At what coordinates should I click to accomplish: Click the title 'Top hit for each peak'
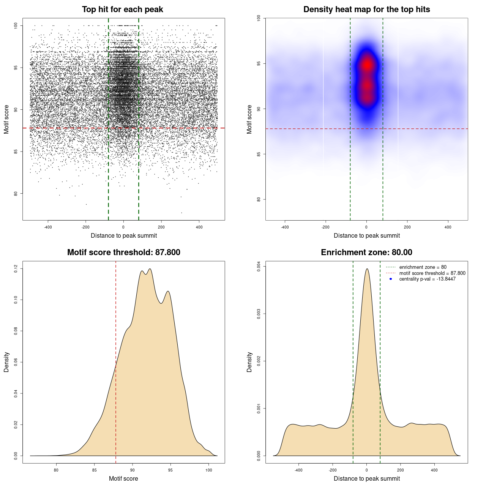coord(123,9)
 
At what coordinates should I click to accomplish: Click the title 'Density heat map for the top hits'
coord(366,9)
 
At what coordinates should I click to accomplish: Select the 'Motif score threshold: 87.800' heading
coord(123,252)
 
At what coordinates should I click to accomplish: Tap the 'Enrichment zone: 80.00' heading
coord(366,252)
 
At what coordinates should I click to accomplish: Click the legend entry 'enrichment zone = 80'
coord(423,267)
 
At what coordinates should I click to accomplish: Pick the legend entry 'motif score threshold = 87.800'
coord(432,273)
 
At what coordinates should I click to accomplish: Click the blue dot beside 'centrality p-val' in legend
coord(391,279)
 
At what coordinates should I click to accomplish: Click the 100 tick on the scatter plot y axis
coord(16,25)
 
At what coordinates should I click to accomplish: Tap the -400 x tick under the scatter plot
coord(48,227)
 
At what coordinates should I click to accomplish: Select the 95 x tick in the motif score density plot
coord(170,470)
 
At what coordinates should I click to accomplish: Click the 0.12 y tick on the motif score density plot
coord(16,269)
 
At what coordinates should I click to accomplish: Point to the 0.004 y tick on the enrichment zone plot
coord(259,267)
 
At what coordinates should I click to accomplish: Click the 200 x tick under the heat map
coord(407,227)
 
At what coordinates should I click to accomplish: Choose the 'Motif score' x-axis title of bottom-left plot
coord(123,478)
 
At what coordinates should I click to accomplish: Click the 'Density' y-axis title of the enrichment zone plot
coord(249,362)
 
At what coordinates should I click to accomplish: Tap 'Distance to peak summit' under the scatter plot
coord(124,235)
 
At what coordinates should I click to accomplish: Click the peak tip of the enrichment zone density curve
coord(367,269)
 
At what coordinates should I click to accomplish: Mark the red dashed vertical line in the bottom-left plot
coord(116,361)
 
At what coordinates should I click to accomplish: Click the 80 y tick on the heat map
coord(259,199)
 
